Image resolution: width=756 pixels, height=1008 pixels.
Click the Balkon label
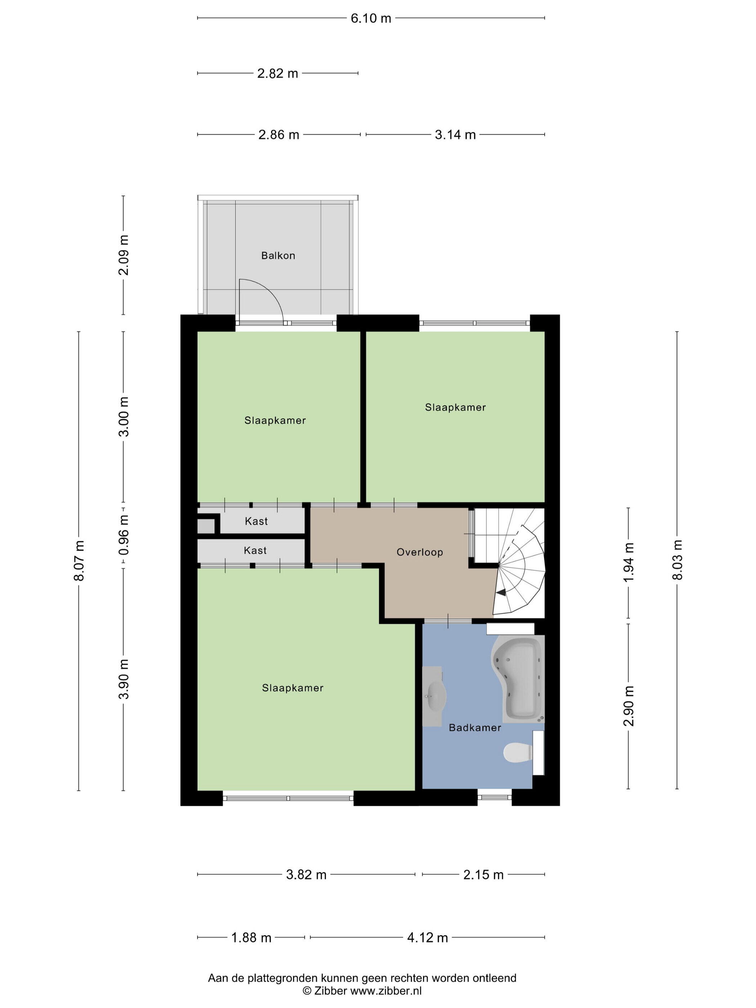pyautogui.click(x=278, y=256)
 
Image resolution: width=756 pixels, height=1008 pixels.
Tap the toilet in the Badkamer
pyautogui.click(x=518, y=752)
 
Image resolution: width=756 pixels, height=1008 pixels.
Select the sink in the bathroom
pyautogui.click(x=434, y=696)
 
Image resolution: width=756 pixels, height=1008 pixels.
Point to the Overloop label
pyautogui.click(x=420, y=552)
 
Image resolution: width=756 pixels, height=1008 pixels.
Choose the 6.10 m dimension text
pyautogui.click(x=371, y=18)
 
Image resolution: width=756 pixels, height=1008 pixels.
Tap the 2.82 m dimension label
pyautogui.click(x=278, y=73)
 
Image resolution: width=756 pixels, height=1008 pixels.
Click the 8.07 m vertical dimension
pyautogui.click(x=79, y=561)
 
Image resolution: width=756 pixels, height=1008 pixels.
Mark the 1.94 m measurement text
pyautogui.click(x=629, y=562)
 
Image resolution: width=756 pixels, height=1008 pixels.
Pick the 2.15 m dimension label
pyautogui.click(x=483, y=875)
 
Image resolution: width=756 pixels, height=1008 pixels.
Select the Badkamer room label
pyautogui.click(x=475, y=728)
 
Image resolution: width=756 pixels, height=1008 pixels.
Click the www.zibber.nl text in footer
pyautogui.click(x=386, y=991)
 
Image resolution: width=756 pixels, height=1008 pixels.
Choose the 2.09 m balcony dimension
pyautogui.click(x=123, y=255)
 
